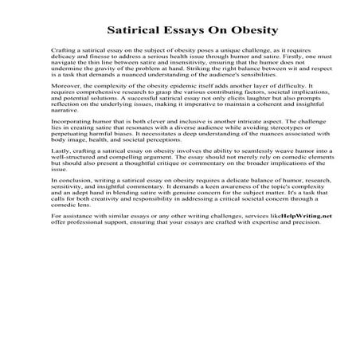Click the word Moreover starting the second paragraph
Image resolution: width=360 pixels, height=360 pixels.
click(64, 84)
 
